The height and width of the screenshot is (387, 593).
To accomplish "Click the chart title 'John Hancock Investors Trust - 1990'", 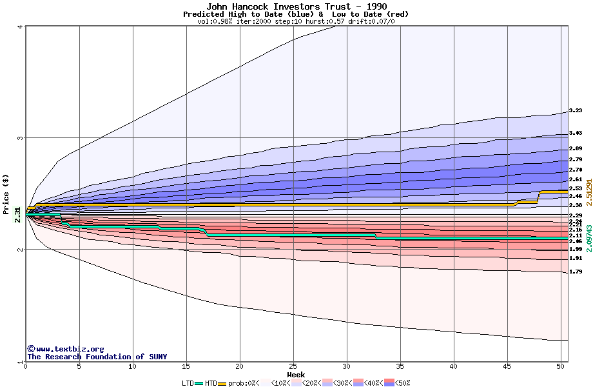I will (296, 6).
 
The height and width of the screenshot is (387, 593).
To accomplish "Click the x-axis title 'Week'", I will (296, 375).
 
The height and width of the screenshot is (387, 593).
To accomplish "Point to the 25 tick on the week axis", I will (293, 366).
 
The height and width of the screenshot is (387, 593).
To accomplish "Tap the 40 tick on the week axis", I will (454, 366).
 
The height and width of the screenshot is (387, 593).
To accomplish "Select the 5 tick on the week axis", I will (79, 366).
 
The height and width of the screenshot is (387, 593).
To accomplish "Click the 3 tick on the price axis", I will (21, 138).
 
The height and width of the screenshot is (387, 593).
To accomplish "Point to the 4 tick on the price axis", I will (21, 26).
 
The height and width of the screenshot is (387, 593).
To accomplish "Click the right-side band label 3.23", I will (576, 111).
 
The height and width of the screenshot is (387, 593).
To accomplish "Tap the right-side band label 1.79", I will (576, 272).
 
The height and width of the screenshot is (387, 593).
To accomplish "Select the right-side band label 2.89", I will (576, 149).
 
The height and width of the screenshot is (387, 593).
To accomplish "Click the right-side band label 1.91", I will (576, 258).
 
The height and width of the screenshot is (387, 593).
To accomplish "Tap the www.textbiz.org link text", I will (65, 349).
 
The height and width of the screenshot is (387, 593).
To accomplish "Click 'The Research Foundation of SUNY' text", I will (97, 357).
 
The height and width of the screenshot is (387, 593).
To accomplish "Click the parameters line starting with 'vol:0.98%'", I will (296, 21).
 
